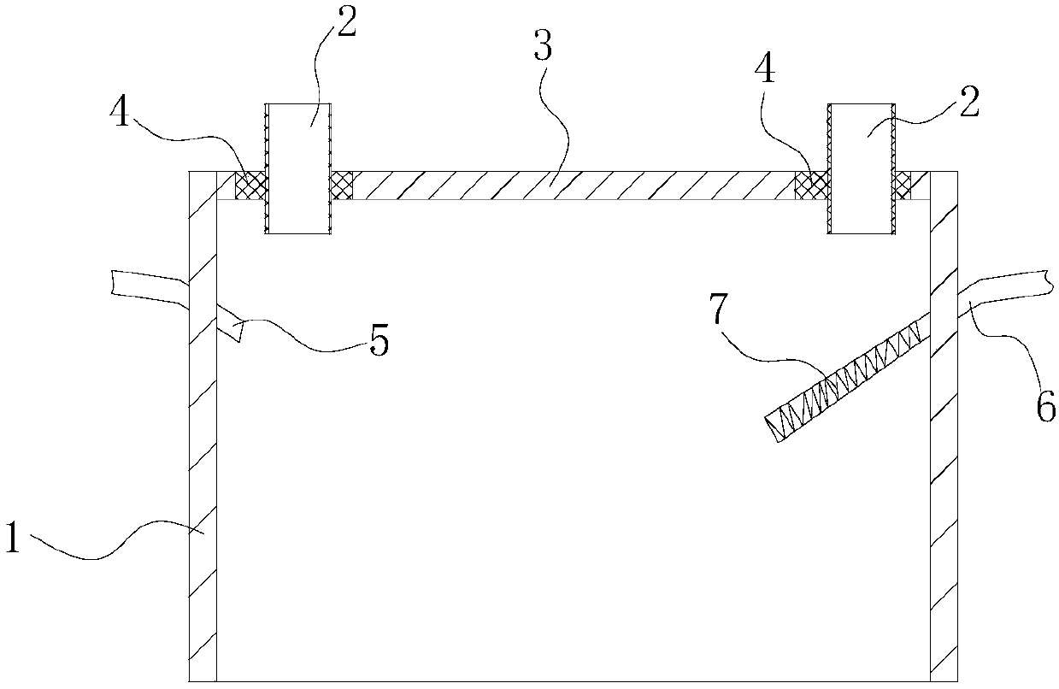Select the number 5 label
click(378, 342)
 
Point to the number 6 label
click(1045, 407)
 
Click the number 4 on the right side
click(766, 71)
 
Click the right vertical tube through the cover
click(861, 168)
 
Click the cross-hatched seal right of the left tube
click(341, 183)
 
